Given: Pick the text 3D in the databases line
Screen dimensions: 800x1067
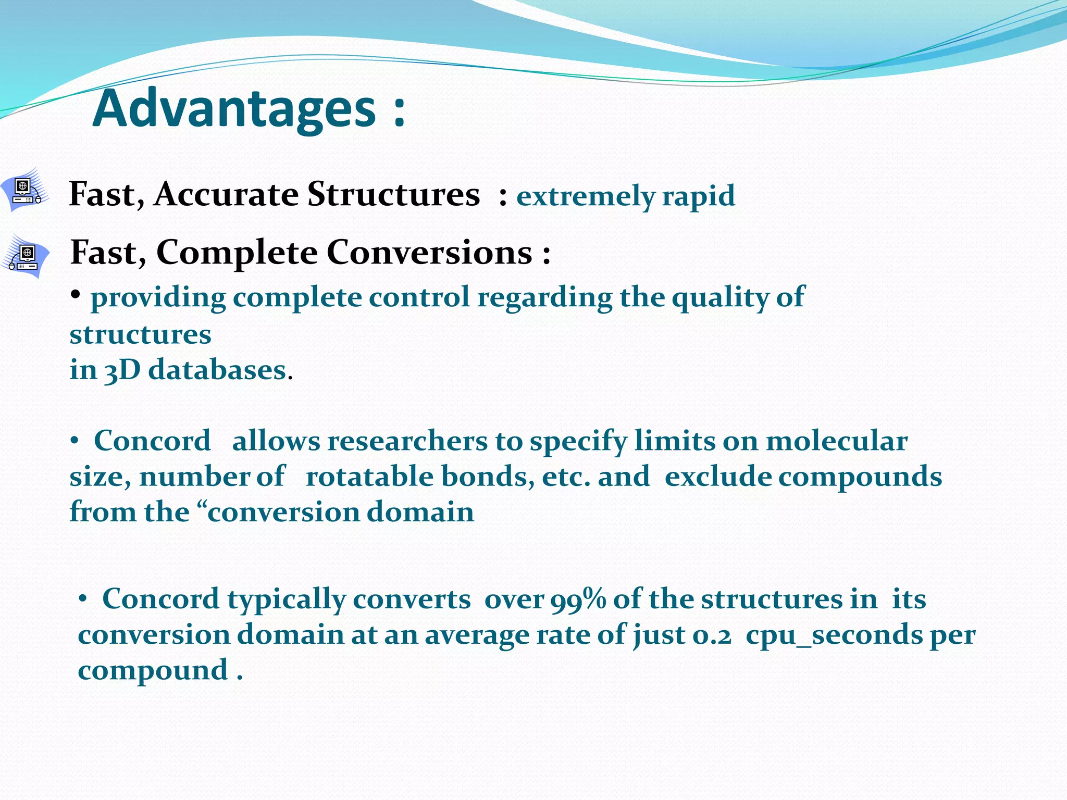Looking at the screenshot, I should [x=122, y=371].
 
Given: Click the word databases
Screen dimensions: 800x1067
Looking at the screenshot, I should [x=217, y=371].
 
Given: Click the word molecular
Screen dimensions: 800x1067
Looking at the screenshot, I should [x=837, y=441].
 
